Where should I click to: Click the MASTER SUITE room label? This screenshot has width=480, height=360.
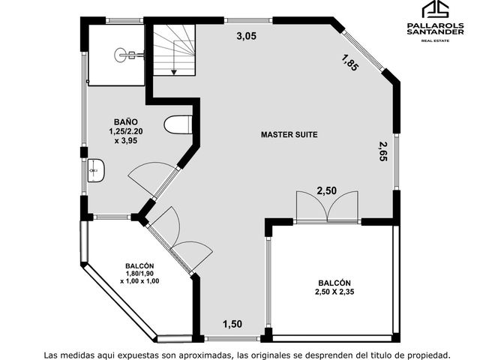[289, 134]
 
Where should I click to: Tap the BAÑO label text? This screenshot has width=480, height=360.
[126, 121]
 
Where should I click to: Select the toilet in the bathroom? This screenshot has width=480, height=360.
[178, 125]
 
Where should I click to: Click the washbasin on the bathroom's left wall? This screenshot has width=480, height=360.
[96, 170]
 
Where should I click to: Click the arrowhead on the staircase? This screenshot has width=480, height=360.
[174, 72]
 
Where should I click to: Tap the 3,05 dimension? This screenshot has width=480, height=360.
[247, 36]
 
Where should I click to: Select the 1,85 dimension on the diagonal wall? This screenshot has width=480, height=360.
[349, 62]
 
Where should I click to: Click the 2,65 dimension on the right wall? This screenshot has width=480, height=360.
[383, 151]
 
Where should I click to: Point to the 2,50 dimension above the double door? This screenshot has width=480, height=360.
[327, 190]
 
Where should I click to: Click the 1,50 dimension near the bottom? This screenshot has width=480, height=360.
[232, 324]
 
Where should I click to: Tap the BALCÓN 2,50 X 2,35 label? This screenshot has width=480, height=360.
[334, 287]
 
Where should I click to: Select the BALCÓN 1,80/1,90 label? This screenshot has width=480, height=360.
[139, 273]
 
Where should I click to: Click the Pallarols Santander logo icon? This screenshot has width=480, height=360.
[435, 9]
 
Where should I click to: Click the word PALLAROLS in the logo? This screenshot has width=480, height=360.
[435, 25]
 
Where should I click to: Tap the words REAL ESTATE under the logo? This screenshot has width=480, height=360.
[435, 40]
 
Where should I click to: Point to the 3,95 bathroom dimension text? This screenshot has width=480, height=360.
[126, 141]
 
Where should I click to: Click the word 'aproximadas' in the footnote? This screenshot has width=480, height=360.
[205, 355]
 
